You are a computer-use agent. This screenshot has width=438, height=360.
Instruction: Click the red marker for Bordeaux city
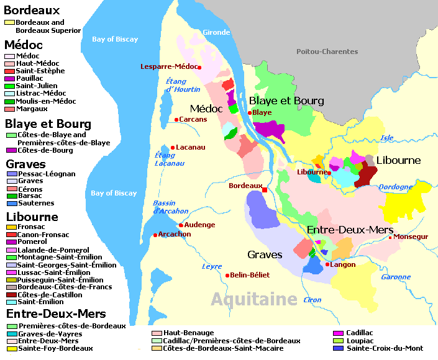click(265, 189)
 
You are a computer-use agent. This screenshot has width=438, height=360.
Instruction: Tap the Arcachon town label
click(175, 235)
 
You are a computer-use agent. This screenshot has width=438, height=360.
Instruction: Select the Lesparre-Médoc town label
click(168, 66)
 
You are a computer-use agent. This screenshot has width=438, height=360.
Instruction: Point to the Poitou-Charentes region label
click(327, 52)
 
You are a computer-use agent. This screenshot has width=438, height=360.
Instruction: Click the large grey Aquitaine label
click(253, 300)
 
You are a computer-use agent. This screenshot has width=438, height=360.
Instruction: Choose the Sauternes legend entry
click(36, 203)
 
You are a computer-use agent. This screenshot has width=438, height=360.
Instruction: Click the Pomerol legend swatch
click(11, 242)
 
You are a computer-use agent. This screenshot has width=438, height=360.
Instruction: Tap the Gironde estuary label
click(216, 32)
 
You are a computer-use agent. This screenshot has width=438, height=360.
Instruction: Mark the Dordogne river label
click(395, 187)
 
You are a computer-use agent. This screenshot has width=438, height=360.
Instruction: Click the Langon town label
click(344, 264)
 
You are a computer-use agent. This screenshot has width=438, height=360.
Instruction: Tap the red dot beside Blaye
click(250, 113)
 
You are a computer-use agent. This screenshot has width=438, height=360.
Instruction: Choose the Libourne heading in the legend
click(32, 217)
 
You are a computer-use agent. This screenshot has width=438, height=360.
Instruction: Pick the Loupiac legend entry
click(360, 341)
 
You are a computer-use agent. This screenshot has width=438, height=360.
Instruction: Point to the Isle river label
click(387, 138)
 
